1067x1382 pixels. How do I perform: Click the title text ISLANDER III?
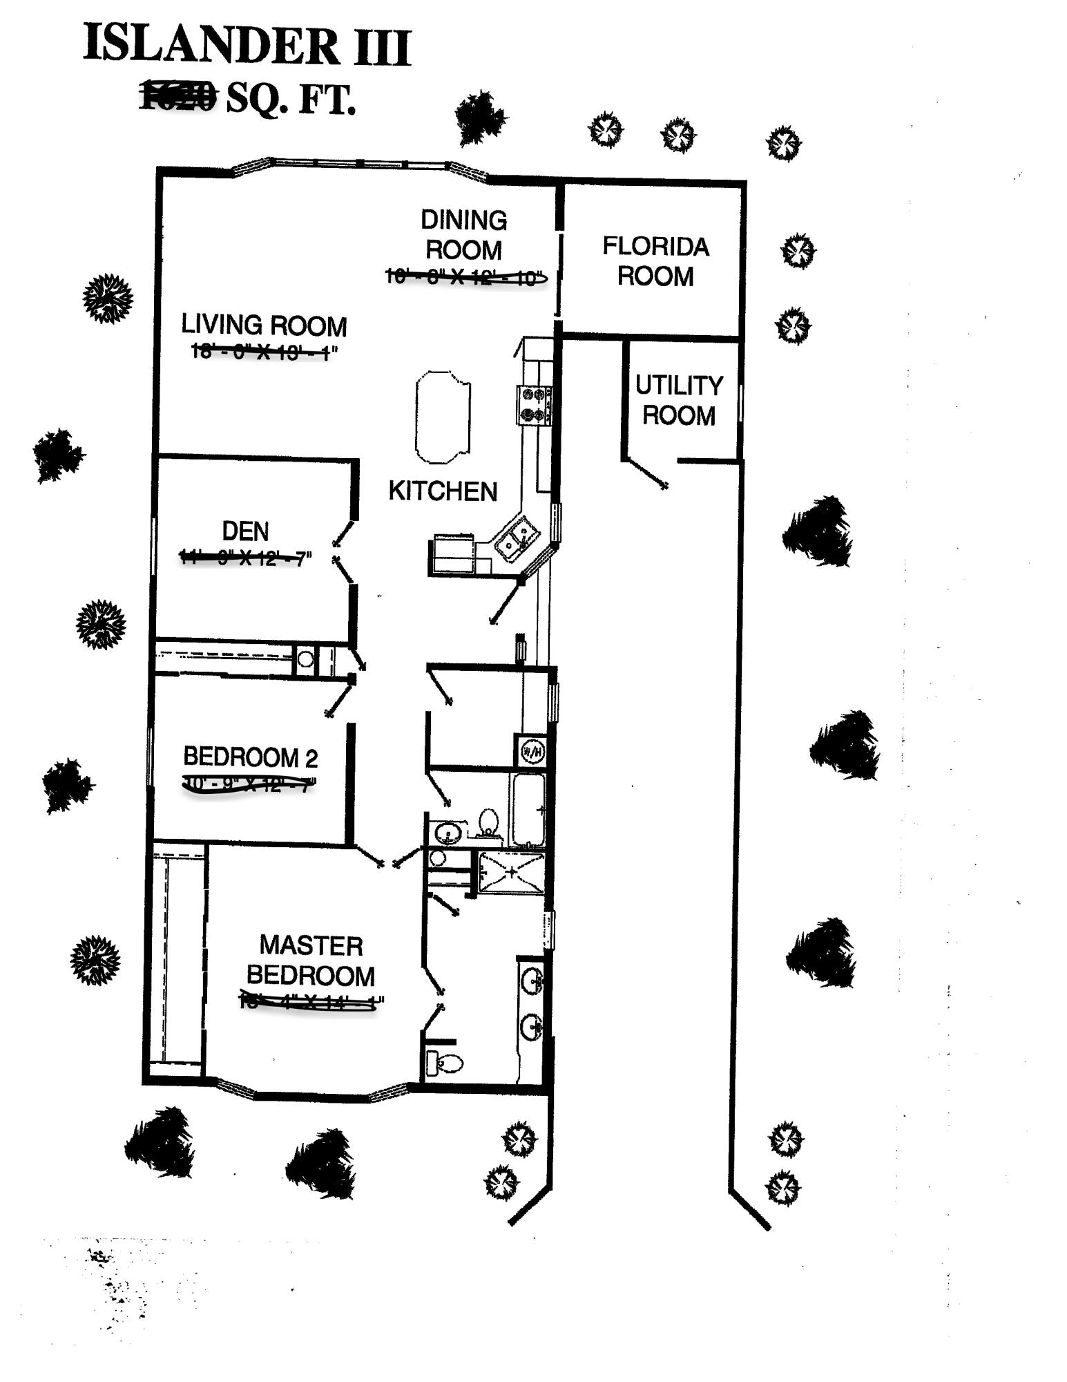point(247,46)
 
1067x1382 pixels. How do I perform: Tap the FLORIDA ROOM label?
point(655,261)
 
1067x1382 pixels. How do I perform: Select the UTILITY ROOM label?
point(679,400)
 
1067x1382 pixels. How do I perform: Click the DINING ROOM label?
point(463,235)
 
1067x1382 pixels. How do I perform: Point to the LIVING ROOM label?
point(264,325)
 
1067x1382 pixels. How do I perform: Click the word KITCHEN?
point(443,491)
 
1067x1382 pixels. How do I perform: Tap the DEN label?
point(245,531)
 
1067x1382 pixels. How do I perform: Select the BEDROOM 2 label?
point(250,757)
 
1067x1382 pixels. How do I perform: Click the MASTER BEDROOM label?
point(311,960)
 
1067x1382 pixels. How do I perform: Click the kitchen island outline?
point(443,417)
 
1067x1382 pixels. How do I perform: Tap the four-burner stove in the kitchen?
point(535,405)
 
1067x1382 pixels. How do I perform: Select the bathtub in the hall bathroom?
point(528,810)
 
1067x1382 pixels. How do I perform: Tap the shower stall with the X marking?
point(512,872)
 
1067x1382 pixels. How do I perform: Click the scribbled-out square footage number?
point(179,96)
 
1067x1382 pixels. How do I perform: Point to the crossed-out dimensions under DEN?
point(245,557)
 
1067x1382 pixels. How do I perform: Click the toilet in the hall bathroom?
point(488,822)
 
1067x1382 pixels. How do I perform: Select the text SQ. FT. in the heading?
point(291,99)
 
